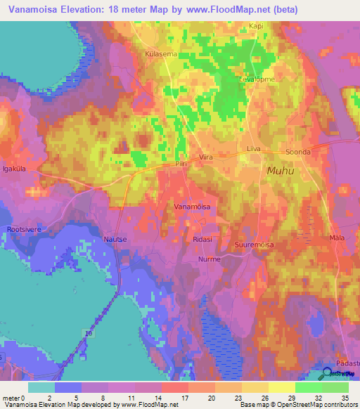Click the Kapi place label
point(255,27)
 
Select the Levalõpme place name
point(257,79)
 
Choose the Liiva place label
point(254,149)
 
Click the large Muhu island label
point(280,171)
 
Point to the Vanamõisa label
point(192,207)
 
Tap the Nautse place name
point(116,239)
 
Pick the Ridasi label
point(202,239)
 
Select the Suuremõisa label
point(254,245)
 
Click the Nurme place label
point(209,259)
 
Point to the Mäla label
point(337,239)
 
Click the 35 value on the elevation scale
point(345,398)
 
